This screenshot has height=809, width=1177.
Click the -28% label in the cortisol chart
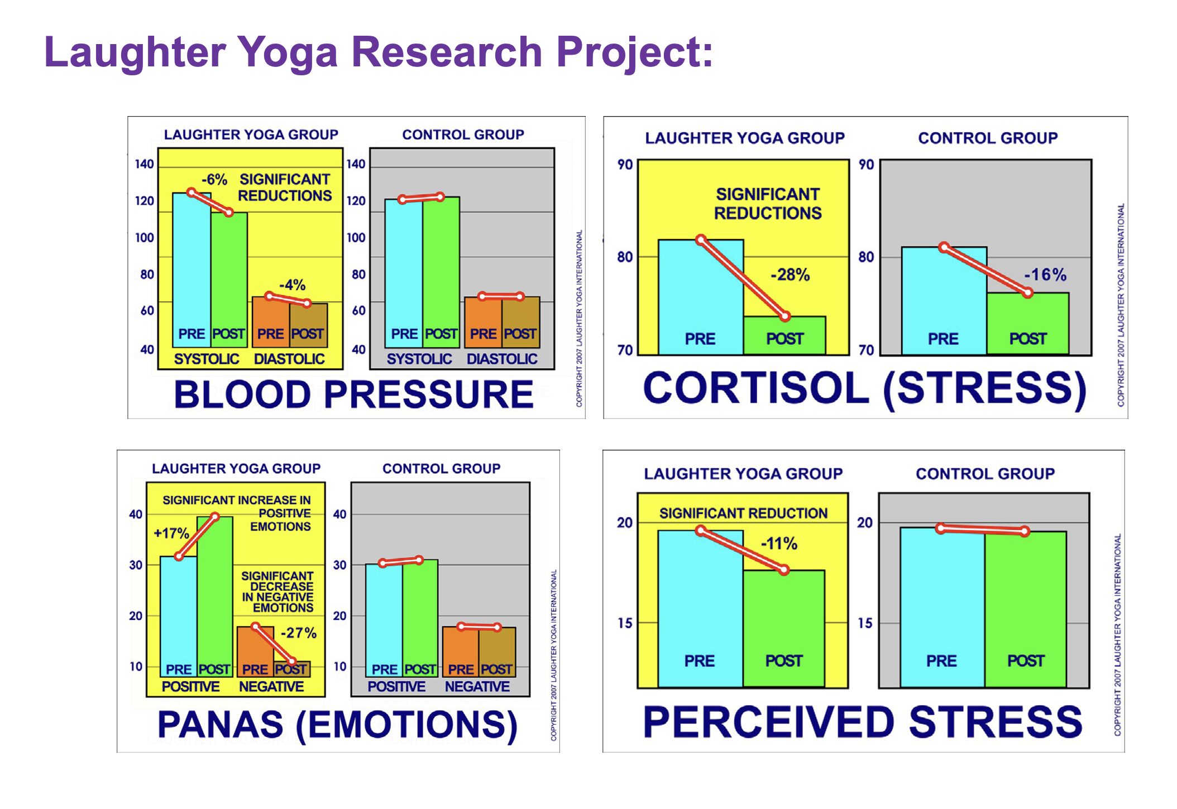click(790, 275)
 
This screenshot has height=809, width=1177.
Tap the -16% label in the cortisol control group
click(1045, 275)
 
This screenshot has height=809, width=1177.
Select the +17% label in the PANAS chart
click(171, 533)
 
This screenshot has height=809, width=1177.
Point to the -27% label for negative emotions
click(298, 633)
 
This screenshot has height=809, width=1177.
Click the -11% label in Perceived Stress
click(779, 543)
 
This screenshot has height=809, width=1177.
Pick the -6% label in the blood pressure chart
click(214, 180)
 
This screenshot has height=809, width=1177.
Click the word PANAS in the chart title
click(220, 724)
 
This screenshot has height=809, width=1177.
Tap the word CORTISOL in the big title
click(756, 388)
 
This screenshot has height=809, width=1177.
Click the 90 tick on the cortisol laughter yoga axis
click(625, 165)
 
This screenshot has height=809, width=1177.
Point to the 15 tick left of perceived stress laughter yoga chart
click(625, 623)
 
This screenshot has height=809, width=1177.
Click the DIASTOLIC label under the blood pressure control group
click(502, 359)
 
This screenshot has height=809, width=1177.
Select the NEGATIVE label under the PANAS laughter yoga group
click(271, 686)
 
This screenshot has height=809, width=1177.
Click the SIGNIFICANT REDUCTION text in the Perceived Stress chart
click(743, 513)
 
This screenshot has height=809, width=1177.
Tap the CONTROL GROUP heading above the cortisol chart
click(987, 138)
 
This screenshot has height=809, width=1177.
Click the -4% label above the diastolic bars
click(292, 285)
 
